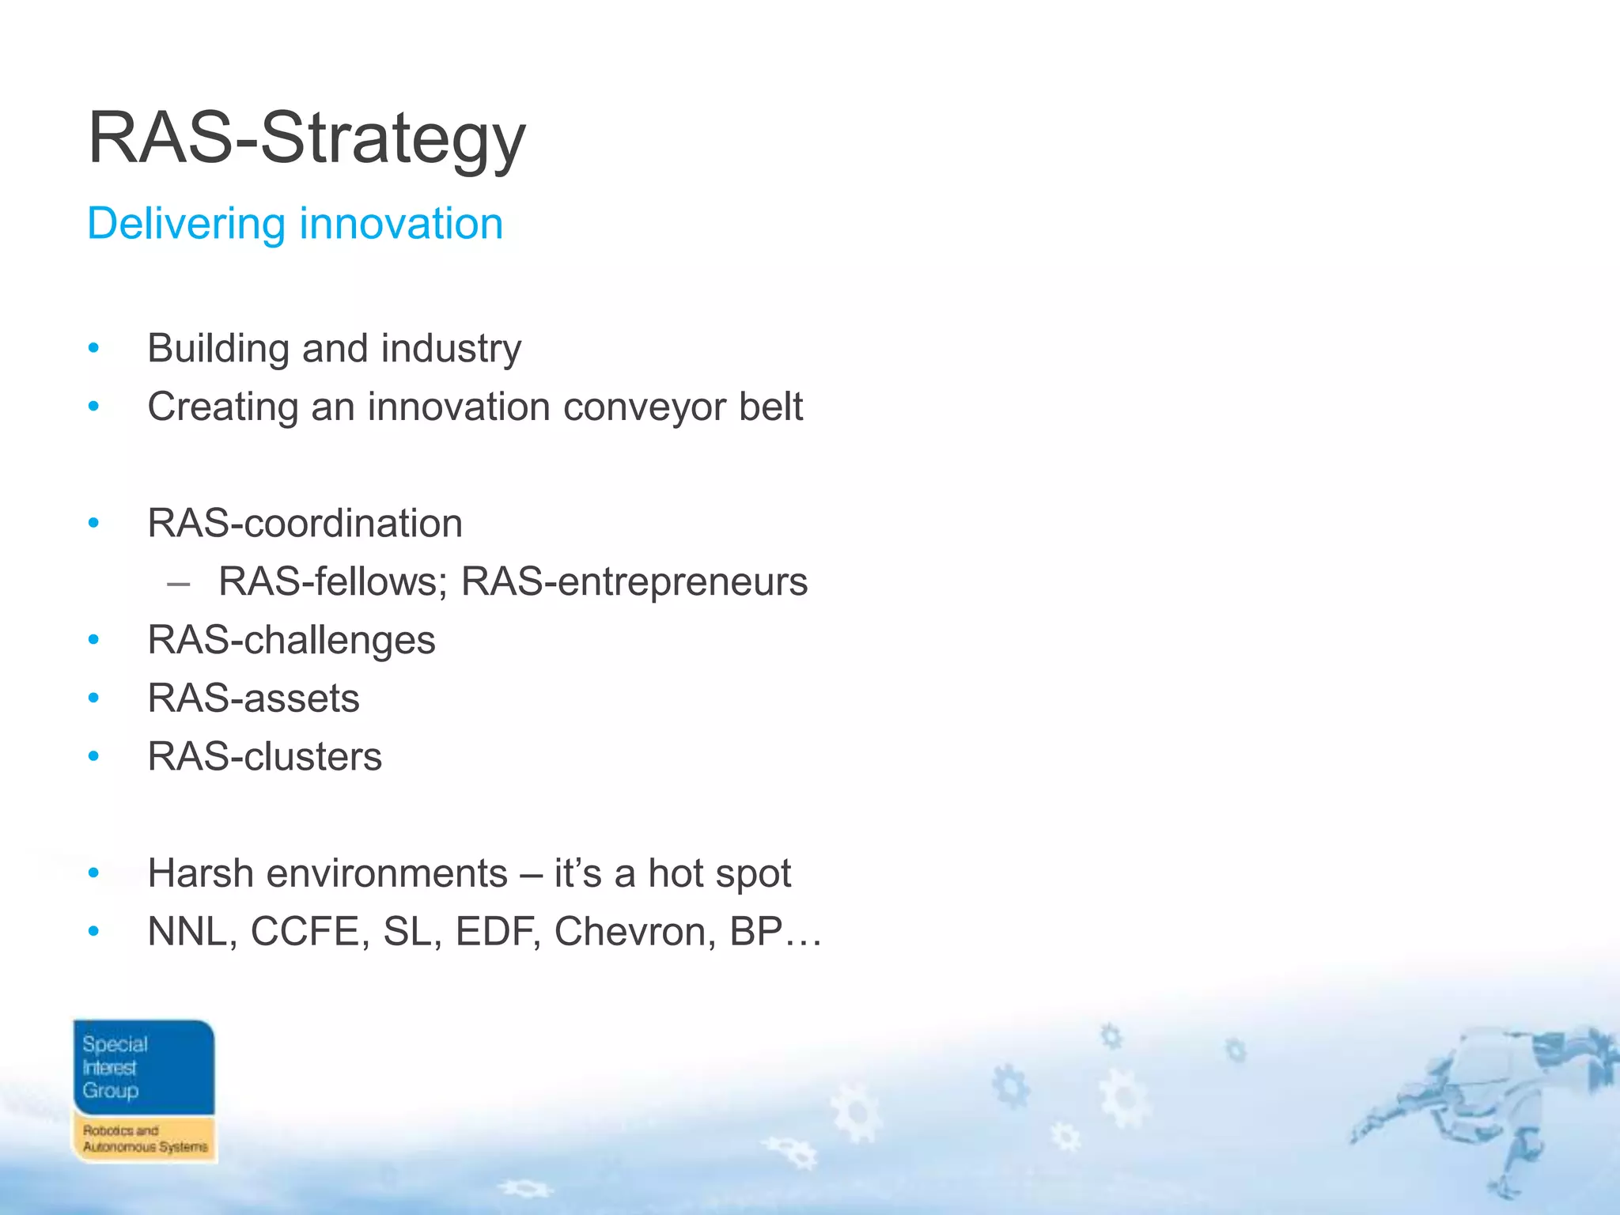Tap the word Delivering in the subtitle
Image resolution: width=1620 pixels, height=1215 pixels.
coord(185,224)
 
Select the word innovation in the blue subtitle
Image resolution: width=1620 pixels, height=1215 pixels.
coord(401,224)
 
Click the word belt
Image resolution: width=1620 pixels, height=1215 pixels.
coord(770,407)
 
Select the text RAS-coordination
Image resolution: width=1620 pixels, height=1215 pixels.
coord(305,524)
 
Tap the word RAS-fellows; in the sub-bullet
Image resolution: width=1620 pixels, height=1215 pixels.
coord(333,582)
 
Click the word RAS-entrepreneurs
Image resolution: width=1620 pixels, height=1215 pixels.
coord(634,582)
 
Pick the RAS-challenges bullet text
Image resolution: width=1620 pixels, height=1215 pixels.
coord(291,640)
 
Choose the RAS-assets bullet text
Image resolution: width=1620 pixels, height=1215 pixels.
coord(253,698)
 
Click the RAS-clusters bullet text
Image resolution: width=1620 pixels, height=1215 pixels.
coord(264,757)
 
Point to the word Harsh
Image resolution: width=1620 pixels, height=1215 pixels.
coord(199,874)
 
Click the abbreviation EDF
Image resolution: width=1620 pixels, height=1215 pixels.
coord(498,932)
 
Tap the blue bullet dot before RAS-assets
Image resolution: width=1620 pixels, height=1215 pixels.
coord(94,698)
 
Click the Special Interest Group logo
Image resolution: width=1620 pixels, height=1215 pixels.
coord(144,1091)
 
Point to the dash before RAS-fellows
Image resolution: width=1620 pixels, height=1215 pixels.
coord(179,584)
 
